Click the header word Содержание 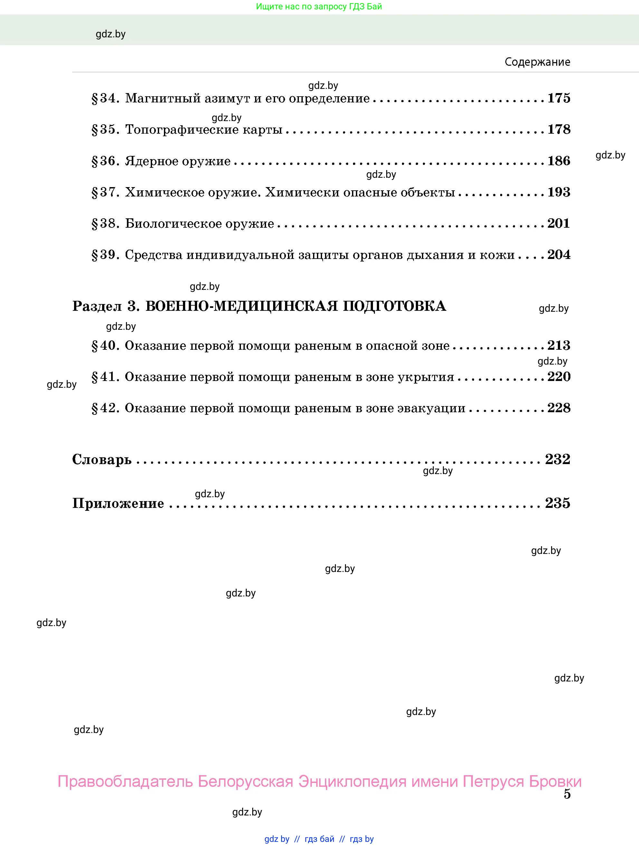(x=537, y=62)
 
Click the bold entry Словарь (x=102, y=459)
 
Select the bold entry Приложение (x=118, y=503)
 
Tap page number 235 (x=558, y=503)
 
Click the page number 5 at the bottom (x=567, y=794)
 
